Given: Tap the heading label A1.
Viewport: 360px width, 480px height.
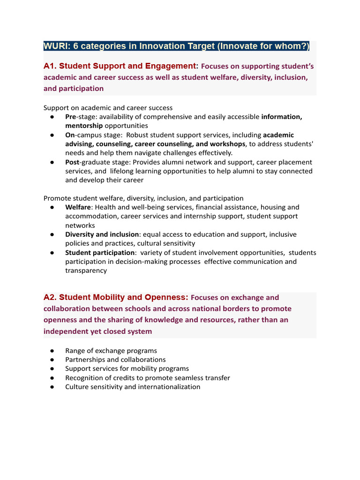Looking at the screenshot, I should click(x=50, y=66).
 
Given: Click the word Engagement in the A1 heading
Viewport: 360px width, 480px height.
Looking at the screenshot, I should click(x=172, y=66).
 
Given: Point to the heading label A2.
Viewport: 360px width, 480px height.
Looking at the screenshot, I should click(x=50, y=297).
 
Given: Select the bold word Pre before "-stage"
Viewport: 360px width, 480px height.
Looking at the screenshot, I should click(x=71, y=117).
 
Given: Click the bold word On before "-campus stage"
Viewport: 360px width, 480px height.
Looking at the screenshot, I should click(x=70, y=135).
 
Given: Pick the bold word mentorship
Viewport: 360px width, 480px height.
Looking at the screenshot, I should click(x=84, y=126).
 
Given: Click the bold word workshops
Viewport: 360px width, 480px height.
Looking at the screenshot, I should click(x=228, y=144).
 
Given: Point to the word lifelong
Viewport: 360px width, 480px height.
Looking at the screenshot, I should click(x=125, y=171).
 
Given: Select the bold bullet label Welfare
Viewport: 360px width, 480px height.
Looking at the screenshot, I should click(x=78, y=207).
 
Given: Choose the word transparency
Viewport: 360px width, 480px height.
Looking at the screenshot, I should click(x=86, y=270).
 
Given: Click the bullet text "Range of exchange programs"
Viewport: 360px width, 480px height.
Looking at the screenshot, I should click(x=111, y=351).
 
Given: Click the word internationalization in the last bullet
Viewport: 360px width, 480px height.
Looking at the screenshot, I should click(x=166, y=387).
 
